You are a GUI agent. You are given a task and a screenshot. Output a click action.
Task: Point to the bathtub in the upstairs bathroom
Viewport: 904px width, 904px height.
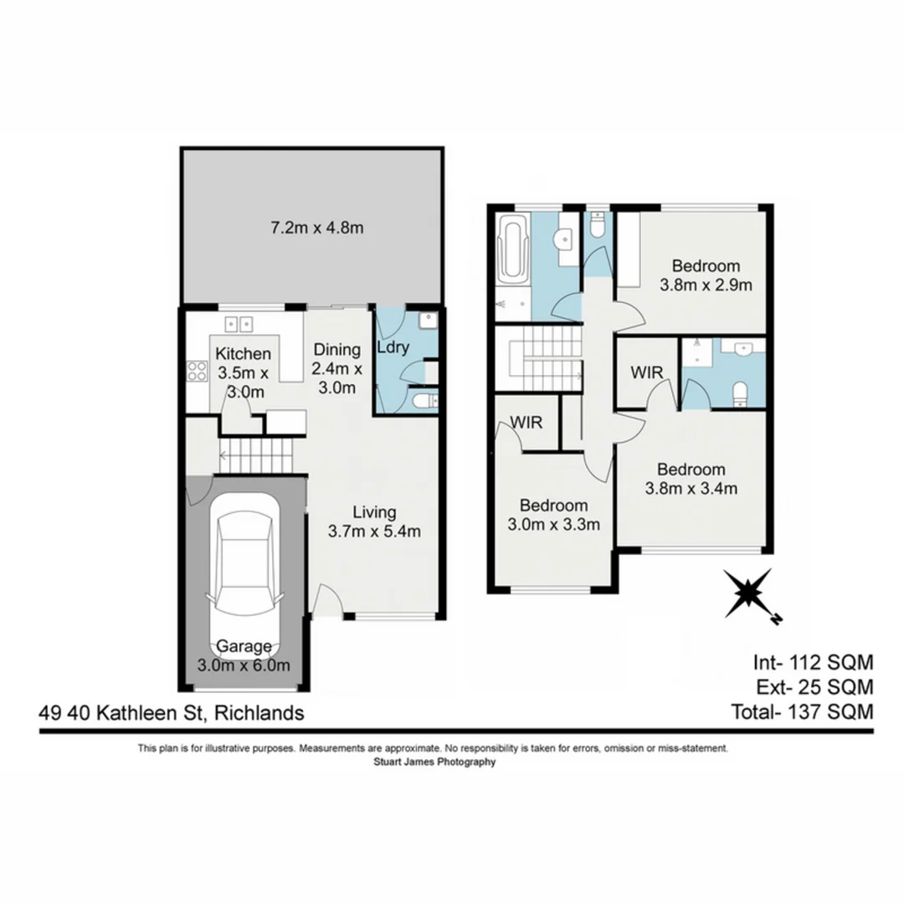511,249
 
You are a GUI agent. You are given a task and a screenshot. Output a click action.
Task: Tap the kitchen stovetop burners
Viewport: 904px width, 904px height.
197,371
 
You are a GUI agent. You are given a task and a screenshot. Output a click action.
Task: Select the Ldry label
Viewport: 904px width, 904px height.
393,348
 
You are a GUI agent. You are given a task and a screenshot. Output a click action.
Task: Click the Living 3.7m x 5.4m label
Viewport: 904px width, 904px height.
373,521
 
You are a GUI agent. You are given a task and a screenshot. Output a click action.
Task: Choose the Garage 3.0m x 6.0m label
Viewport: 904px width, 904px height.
244,655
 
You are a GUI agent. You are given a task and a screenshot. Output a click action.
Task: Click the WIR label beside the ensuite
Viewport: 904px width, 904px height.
647,372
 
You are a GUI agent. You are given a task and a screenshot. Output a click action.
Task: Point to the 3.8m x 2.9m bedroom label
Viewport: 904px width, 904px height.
706,275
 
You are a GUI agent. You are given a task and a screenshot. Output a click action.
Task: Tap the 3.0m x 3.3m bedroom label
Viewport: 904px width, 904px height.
553,515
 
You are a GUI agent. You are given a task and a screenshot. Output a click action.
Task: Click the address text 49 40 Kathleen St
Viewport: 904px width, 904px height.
171,713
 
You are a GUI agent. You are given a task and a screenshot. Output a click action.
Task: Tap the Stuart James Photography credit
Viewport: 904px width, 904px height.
433,763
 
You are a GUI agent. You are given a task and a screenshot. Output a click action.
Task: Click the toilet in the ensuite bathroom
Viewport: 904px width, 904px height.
739,393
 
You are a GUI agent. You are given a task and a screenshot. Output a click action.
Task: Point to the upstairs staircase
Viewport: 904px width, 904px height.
539,357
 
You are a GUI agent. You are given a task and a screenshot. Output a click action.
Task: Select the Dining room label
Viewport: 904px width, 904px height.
336,368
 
